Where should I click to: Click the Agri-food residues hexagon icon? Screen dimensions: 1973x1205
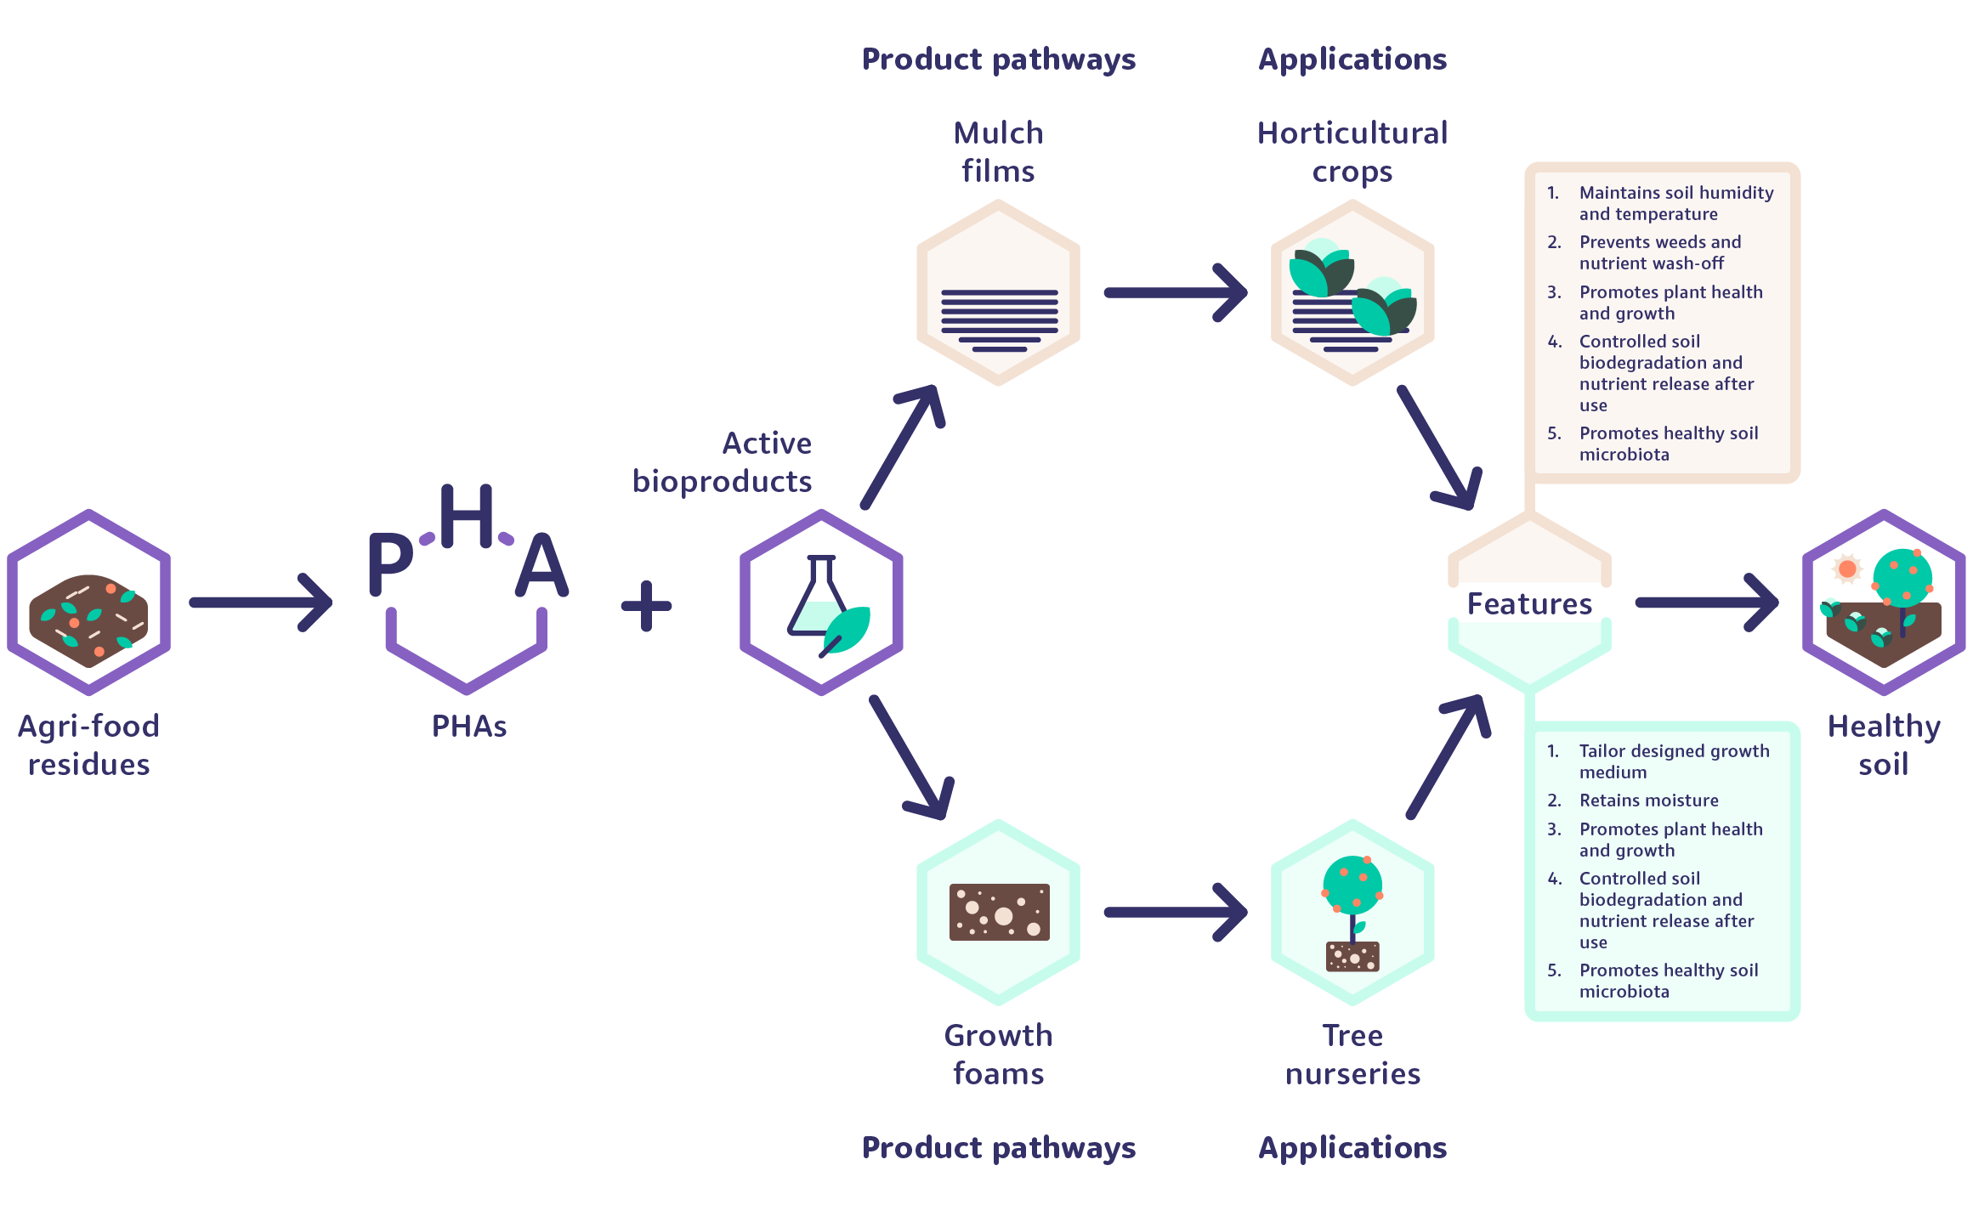(89, 602)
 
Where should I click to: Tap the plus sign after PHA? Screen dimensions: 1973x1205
(647, 606)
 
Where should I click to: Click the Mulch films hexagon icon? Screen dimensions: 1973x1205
(999, 292)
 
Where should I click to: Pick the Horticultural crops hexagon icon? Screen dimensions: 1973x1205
(1352, 292)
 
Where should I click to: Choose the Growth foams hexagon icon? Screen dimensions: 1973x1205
(999, 912)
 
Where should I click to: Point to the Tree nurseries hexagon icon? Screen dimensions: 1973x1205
(1352, 912)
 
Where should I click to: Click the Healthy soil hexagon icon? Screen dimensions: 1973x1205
(1884, 602)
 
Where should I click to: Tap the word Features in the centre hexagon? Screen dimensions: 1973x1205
(1529, 603)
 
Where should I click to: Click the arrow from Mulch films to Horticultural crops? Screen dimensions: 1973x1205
(1176, 292)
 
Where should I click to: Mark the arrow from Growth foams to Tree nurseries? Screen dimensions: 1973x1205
(1176, 912)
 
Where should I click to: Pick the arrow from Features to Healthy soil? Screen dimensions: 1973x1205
(1708, 602)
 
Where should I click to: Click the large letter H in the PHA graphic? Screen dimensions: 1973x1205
(467, 516)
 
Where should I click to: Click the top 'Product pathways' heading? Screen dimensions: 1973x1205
(999, 59)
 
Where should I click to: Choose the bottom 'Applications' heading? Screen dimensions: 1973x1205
(1352, 1148)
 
